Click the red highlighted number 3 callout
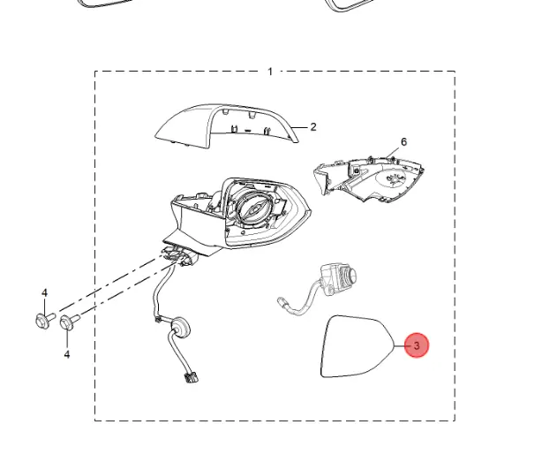click(417, 345)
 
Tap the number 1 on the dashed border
click(270, 72)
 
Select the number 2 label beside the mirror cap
click(313, 127)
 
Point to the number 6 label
click(403, 142)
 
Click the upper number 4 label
click(44, 293)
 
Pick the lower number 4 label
click(67, 354)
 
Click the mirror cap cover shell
click(226, 125)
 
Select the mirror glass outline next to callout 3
click(357, 346)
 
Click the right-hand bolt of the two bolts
click(70, 322)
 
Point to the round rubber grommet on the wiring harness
click(179, 326)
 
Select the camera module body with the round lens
click(338, 278)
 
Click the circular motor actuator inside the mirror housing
click(255, 209)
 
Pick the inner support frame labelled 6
click(369, 178)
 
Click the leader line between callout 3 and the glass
click(401, 345)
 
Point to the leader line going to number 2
click(299, 127)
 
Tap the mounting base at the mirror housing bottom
click(179, 255)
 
